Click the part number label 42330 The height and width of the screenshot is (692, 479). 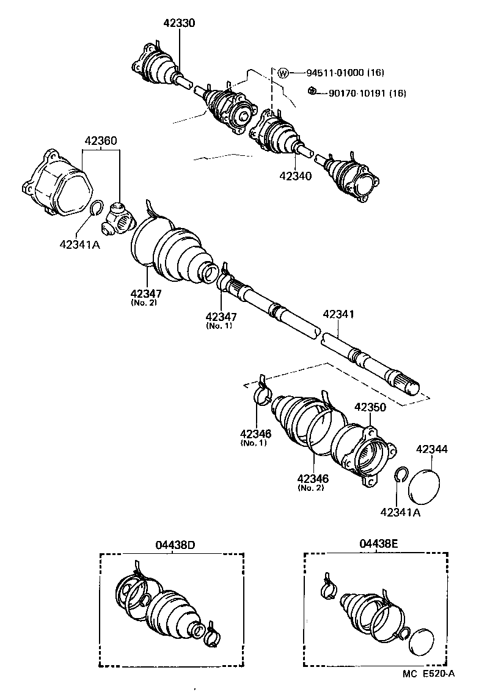(x=179, y=23)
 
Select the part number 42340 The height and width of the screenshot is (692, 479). (x=296, y=176)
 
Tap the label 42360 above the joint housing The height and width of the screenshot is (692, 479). (x=101, y=141)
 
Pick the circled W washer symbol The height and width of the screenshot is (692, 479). (x=282, y=73)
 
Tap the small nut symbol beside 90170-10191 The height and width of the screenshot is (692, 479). (x=311, y=92)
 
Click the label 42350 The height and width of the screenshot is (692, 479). (x=371, y=407)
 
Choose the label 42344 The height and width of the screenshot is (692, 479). (x=432, y=449)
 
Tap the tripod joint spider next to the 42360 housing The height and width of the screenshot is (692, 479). (x=117, y=219)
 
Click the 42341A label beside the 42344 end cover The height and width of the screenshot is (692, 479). (x=400, y=512)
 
